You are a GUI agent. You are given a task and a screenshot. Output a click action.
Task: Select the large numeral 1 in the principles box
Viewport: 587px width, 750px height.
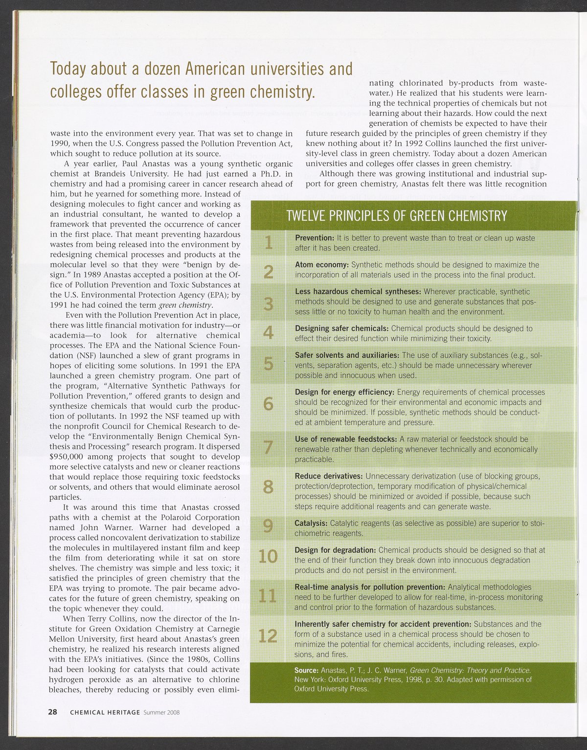pos(268,243)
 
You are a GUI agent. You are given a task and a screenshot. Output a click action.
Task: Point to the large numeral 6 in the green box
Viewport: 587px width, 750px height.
pos(268,404)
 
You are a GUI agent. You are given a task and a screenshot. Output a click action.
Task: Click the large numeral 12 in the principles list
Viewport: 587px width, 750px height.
pos(268,636)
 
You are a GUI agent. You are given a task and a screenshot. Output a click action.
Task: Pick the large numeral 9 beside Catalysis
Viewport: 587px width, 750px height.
pos(268,526)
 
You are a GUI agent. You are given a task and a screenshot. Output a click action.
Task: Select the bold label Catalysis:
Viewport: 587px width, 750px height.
pos(311,523)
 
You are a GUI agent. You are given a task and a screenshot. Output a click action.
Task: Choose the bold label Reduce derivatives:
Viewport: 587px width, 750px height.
pos(329,476)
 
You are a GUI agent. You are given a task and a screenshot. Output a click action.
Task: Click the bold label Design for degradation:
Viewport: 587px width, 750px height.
pos(335,550)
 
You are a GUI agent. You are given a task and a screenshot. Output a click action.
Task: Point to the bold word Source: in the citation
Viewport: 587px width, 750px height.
pos(306,670)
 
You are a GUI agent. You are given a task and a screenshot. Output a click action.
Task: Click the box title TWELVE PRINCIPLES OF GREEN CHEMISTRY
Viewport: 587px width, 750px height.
pos(396,216)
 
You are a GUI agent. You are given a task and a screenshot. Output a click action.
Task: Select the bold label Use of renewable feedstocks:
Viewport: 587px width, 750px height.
pos(346,439)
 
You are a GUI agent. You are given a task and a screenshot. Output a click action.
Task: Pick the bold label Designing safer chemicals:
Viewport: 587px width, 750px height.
pos(341,328)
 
